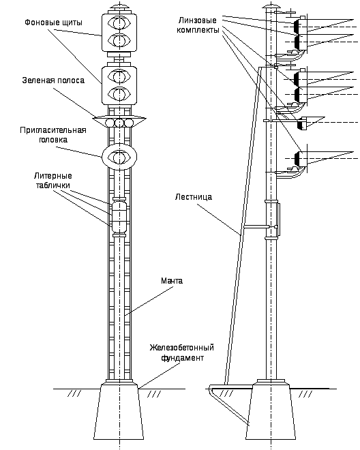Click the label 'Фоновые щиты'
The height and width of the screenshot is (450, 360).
[x=53, y=22]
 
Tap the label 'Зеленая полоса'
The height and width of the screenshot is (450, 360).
[x=53, y=80]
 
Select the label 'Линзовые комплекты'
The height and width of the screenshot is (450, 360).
[x=198, y=25]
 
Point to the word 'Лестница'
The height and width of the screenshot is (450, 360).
[x=194, y=197]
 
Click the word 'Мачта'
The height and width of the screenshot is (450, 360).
[x=172, y=280]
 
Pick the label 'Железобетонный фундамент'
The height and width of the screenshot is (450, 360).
[x=182, y=352]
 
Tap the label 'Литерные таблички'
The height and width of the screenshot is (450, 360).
[x=53, y=181]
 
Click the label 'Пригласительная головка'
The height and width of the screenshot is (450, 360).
[x=53, y=135]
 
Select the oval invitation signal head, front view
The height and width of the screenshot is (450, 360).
[x=119, y=157]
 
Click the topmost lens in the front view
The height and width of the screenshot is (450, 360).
[x=119, y=22]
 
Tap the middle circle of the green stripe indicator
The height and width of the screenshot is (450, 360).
[x=119, y=123]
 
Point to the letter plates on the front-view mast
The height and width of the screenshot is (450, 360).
[x=119, y=217]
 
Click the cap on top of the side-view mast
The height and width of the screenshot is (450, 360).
[x=271, y=5]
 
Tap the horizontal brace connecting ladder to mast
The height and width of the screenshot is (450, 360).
[x=257, y=227]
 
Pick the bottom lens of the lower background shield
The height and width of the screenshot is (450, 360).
[x=119, y=93]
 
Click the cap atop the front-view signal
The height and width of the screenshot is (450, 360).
[x=119, y=6]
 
